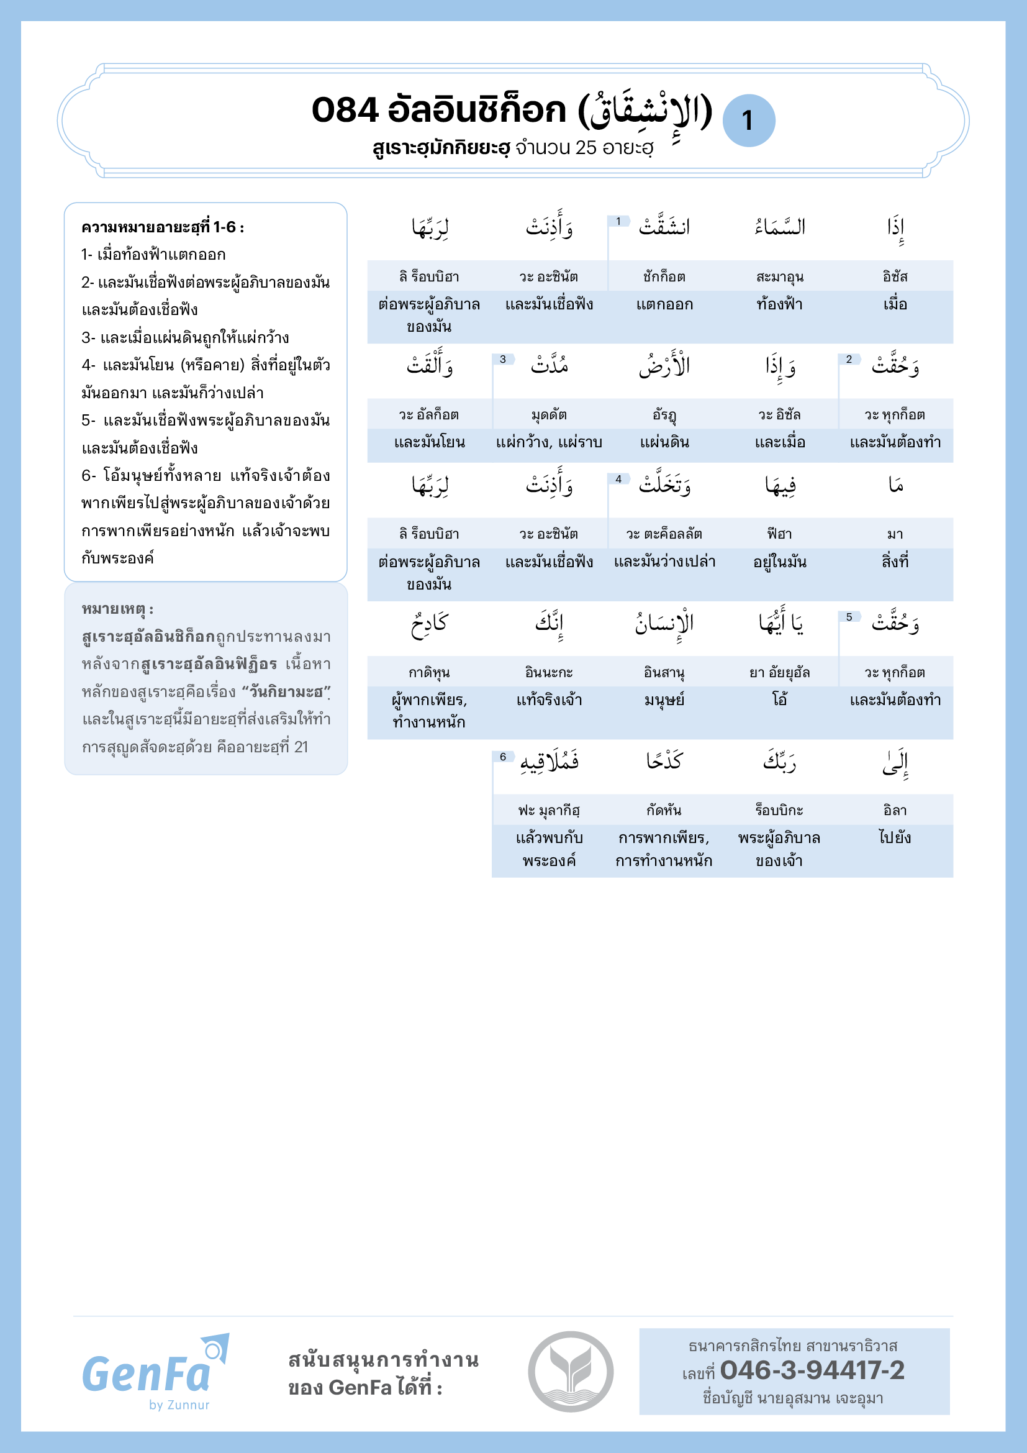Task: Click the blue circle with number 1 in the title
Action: [x=748, y=121]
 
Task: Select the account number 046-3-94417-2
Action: [x=812, y=1370]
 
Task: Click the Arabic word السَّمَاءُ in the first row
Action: [x=780, y=227]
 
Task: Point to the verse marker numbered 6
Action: [x=503, y=757]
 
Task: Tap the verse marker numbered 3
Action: [x=503, y=360]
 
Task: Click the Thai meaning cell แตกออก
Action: [x=664, y=304]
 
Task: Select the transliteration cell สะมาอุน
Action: [x=780, y=276]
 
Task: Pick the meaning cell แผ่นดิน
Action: [x=664, y=442]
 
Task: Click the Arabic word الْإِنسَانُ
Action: [x=664, y=624]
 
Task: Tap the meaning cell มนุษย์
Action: [x=664, y=699]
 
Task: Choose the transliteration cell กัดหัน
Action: [x=664, y=810]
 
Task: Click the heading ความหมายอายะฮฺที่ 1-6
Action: [x=163, y=227]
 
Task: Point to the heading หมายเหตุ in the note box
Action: [x=117, y=609]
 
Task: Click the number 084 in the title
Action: [x=345, y=110]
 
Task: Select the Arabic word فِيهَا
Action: [x=780, y=485]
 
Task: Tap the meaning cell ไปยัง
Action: [x=895, y=837]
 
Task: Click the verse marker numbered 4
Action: [x=618, y=479]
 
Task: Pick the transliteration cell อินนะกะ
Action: [x=549, y=672]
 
